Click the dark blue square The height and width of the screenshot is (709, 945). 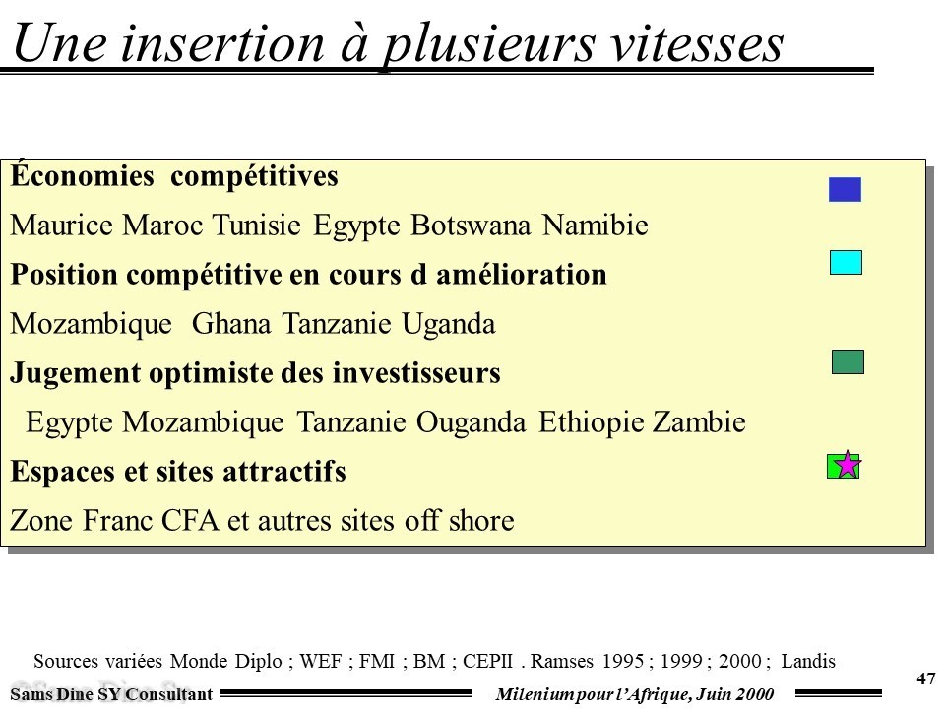(845, 189)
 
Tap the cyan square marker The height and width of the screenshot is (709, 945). (846, 262)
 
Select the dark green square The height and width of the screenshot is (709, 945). (848, 361)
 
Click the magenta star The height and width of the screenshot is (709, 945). (848, 464)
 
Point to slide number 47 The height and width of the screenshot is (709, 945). (925, 678)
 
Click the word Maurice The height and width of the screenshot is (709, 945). (61, 226)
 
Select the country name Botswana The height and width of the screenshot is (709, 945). (471, 226)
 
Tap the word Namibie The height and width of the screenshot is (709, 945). (595, 226)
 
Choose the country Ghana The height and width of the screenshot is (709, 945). (231, 324)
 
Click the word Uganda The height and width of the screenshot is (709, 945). (449, 324)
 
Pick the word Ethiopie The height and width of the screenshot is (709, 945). (592, 422)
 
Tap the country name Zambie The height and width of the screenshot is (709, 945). (699, 422)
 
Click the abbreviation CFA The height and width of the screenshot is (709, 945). (190, 521)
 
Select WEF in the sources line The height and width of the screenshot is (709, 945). (321, 662)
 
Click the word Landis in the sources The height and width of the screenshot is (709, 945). (808, 662)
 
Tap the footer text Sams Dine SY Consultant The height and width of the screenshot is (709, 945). (111, 694)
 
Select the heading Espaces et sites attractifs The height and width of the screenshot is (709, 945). (178, 472)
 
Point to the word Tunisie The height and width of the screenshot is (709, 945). (256, 226)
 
